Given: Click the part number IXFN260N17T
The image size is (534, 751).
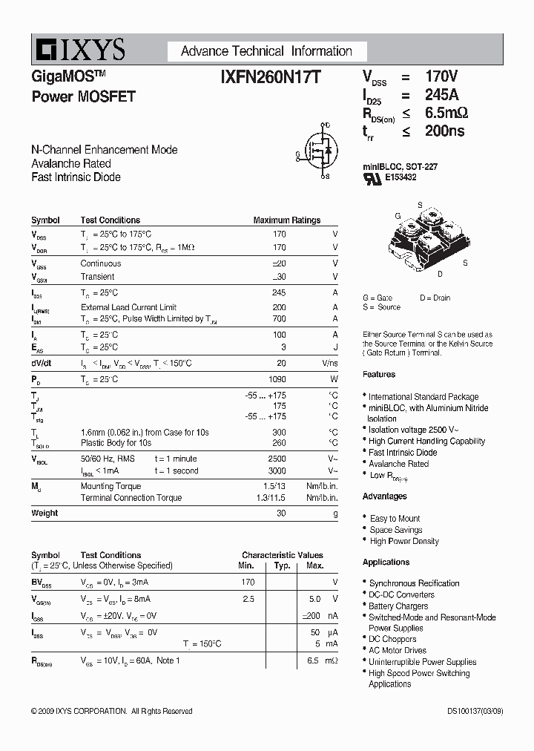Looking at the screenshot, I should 270,76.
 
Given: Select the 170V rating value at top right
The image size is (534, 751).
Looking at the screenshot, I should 441,76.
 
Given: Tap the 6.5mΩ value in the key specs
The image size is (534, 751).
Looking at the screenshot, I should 446,113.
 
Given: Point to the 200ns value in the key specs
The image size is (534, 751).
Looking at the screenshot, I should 444,131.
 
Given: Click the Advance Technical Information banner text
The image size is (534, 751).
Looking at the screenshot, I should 266,51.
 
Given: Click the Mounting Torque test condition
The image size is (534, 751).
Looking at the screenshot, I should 111,486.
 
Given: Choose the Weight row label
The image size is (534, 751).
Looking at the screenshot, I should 44,513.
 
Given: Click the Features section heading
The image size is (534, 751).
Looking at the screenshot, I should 379,374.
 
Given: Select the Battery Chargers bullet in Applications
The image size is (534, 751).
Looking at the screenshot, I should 398,606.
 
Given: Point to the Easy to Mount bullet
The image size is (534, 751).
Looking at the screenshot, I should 395,518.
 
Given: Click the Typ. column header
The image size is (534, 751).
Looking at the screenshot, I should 282,565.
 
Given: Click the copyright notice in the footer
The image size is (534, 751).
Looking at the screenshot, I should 112,711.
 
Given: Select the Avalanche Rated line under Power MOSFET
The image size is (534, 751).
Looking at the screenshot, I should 71,163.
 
